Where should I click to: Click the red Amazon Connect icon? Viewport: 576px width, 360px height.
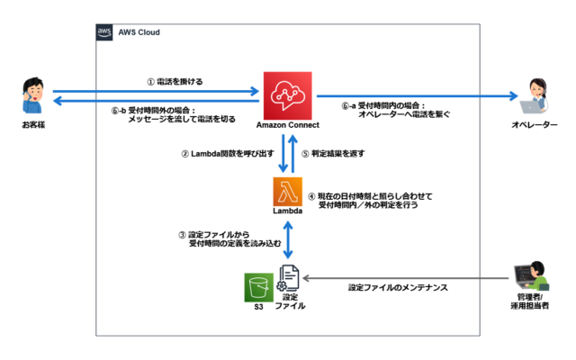[x=288, y=95]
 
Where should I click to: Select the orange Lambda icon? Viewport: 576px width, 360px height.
[x=288, y=192]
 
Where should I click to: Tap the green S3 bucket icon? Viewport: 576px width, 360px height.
[x=259, y=287]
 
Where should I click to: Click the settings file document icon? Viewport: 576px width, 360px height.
[x=288, y=278]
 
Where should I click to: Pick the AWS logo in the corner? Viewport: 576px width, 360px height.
[x=104, y=32]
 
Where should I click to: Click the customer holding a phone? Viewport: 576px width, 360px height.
[x=32, y=95]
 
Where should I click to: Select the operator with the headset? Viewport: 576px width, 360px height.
[x=535, y=96]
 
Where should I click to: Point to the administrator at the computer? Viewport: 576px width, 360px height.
[x=532, y=276]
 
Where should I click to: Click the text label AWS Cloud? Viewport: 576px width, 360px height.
[x=139, y=32]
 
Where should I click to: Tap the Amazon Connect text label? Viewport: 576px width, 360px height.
[x=288, y=125]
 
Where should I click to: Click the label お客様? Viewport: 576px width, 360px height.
[x=33, y=125]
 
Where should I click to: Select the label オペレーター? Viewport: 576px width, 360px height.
[x=535, y=125]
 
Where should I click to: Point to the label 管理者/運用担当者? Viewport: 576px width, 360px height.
[x=530, y=301]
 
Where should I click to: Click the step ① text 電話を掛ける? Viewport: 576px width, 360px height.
[x=180, y=82]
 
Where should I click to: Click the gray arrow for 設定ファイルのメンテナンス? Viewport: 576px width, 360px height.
[x=406, y=278]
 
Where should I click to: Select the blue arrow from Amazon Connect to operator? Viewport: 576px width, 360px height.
[x=418, y=96]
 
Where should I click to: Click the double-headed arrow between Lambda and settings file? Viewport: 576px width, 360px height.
[x=288, y=240]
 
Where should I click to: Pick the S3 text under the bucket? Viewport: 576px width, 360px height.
[x=258, y=307]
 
